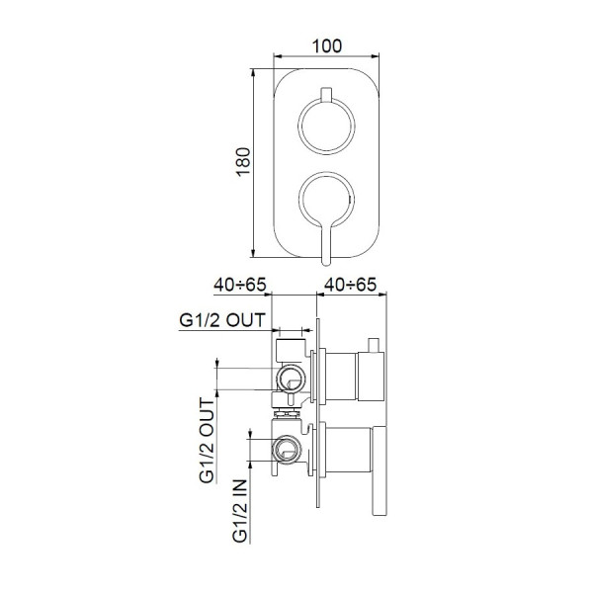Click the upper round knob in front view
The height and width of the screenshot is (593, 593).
tap(325, 127)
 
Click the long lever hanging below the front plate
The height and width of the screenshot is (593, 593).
tap(326, 242)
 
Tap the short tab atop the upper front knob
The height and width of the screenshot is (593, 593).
tap(325, 96)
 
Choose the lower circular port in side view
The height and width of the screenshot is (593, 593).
tap(288, 449)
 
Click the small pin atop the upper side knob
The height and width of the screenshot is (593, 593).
tap(375, 343)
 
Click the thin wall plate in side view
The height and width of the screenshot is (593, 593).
tap(317, 415)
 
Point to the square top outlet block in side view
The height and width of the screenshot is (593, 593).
tap(290, 348)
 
